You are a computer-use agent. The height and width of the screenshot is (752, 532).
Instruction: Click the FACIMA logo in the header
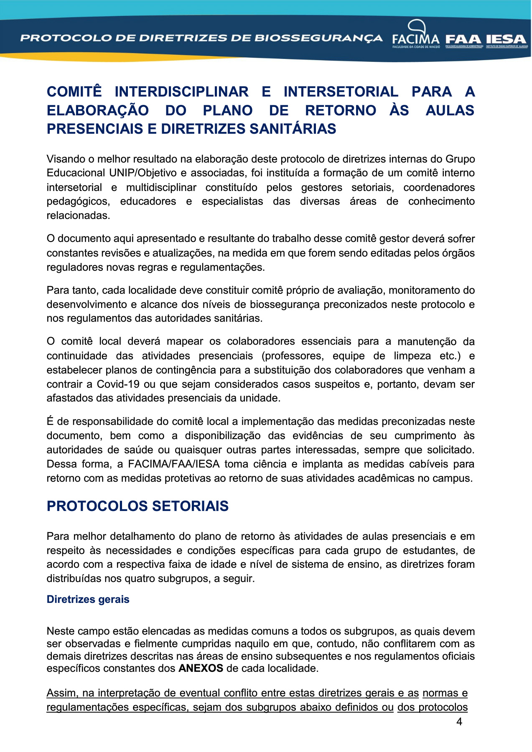[x=416, y=35]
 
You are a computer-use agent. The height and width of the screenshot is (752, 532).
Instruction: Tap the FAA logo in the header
[x=463, y=40]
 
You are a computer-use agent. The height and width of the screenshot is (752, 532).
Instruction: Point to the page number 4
[x=459, y=722]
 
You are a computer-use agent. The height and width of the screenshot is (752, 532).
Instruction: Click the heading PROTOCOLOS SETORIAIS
[x=137, y=506]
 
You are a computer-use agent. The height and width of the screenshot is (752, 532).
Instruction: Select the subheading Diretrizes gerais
[x=88, y=600]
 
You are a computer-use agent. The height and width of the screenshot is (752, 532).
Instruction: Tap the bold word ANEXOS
[x=201, y=668]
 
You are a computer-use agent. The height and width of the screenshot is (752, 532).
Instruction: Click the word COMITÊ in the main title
[x=74, y=92]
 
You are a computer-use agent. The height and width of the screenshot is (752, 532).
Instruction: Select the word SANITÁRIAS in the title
[x=293, y=129]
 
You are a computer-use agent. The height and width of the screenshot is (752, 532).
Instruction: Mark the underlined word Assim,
[x=62, y=693]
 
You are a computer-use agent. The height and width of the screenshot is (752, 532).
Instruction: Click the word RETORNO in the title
[x=341, y=111]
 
